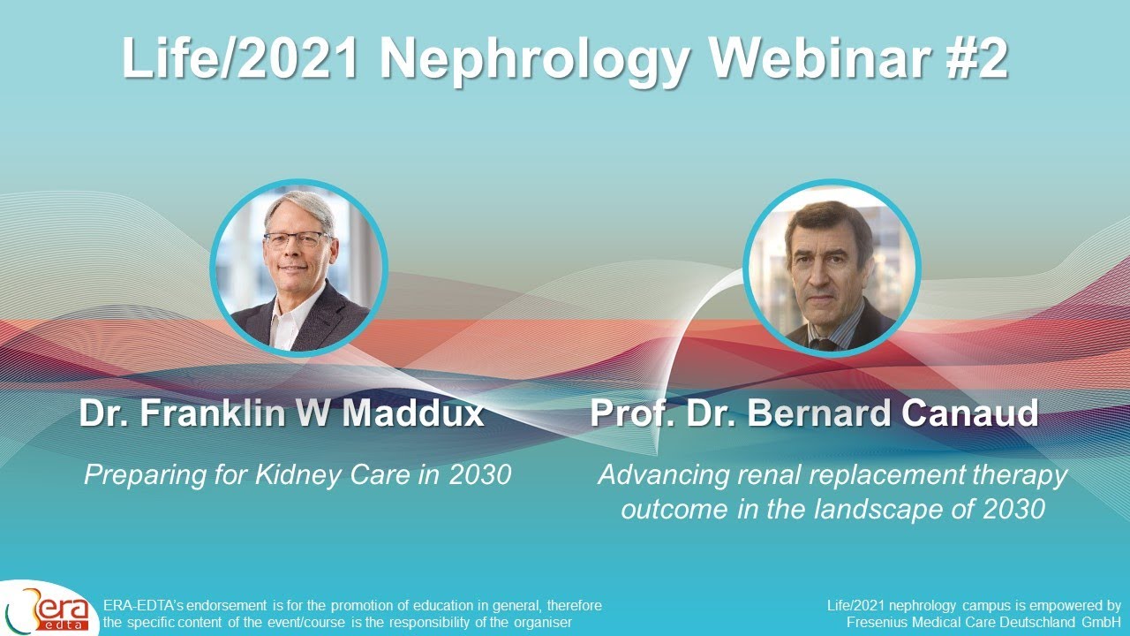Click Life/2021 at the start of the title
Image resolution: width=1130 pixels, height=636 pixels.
coord(240,58)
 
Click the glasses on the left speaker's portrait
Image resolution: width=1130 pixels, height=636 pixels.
coord(298,240)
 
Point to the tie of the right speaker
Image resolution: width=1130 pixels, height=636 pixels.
coord(824,344)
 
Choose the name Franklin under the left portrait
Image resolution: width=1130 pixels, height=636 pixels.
coord(212,413)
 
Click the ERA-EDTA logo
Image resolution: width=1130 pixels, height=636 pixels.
coord(49,608)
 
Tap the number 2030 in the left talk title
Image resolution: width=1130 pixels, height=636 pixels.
coord(479,475)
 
